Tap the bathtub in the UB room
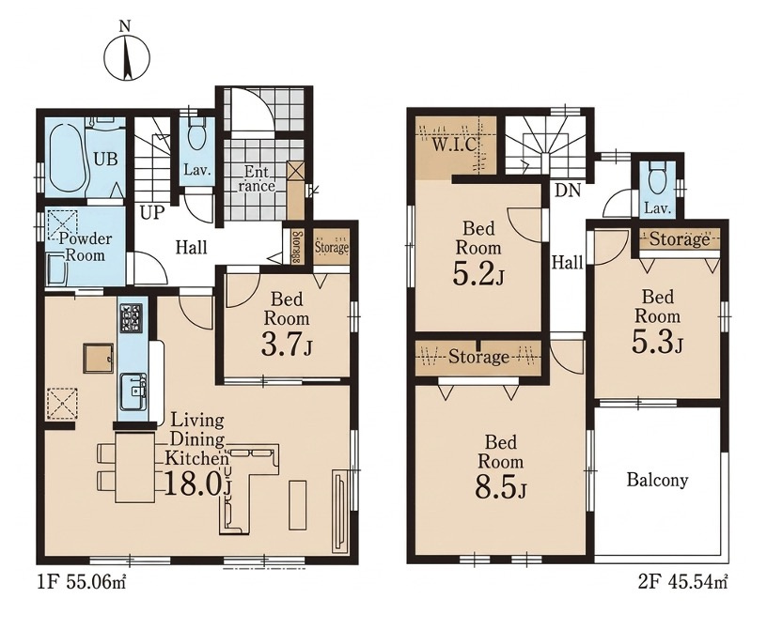coord(67,158)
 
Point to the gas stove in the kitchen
coord(131,318)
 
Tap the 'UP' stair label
coord(152,212)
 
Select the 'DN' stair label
coord(568,191)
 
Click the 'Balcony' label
coord(657,480)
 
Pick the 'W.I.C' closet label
coord(454,145)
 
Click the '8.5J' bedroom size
coord(500,488)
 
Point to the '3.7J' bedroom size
coord(286,345)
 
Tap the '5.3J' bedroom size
coord(657,342)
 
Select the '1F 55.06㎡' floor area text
coord(81,583)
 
